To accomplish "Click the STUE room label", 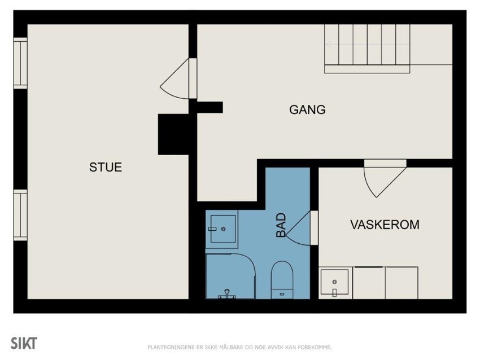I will coord(106,168).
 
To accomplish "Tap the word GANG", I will coord(307,110).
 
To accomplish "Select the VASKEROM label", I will coord(385,225).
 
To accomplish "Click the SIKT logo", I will coord(24,343).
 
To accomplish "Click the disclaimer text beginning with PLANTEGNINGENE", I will coord(239,346).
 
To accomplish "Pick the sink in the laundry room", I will coord(334,283).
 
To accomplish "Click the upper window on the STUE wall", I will coord(20,63).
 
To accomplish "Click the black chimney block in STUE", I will coord(173,134).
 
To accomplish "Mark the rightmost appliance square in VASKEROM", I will coord(402,283).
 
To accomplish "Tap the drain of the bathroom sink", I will coord(223,229).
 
